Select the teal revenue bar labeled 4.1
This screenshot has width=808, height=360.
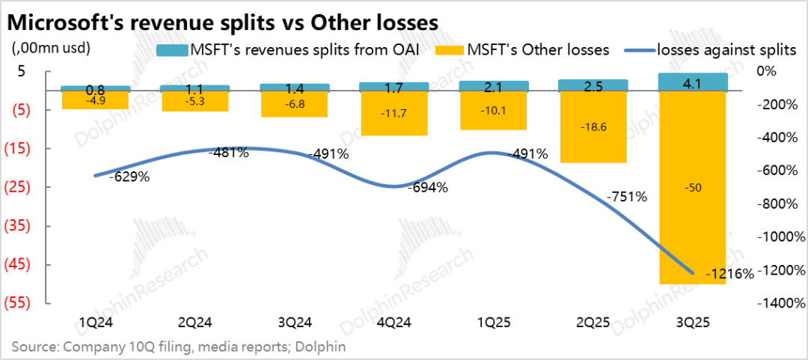point(692,82)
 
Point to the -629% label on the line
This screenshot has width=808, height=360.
point(129,178)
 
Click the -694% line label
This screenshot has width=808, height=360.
point(427,188)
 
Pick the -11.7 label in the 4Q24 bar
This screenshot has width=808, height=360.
point(393,113)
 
